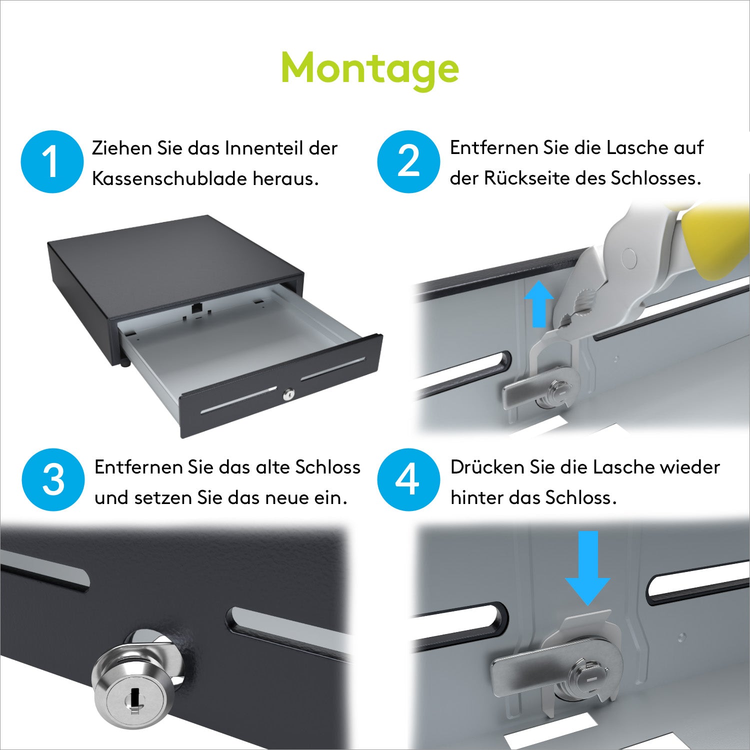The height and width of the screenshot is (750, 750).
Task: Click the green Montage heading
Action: [370, 69]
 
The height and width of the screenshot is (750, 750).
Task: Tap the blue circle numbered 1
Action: [52, 161]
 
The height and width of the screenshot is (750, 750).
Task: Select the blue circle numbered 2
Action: [408, 161]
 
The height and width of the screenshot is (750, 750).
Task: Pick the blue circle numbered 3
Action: [53, 479]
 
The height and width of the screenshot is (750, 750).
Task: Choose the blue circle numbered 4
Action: [408, 479]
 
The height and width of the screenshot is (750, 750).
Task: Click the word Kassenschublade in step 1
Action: [170, 178]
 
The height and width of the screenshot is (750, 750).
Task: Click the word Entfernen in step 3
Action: [138, 467]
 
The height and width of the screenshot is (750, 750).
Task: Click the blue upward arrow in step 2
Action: [538, 304]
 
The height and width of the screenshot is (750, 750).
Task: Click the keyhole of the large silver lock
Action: [134, 698]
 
